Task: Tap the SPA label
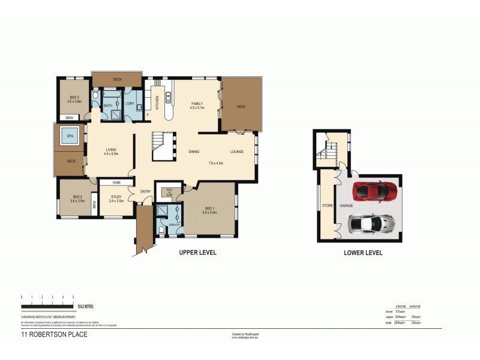70,136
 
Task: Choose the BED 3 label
73,97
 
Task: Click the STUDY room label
116,197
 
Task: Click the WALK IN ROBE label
169,192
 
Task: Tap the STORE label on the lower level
328,206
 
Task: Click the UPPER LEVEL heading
197,253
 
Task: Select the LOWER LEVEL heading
363,253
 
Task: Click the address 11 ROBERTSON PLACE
54,335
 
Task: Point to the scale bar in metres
47,307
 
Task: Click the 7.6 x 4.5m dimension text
215,163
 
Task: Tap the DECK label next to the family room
241,107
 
